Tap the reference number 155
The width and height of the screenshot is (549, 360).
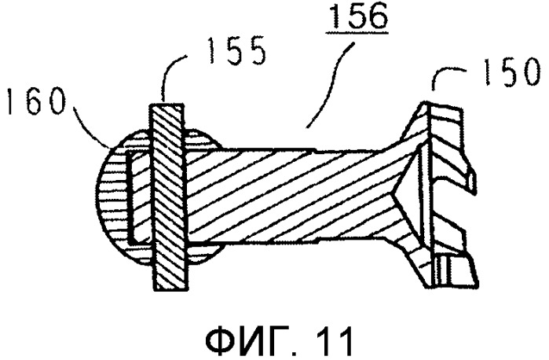click(236, 51)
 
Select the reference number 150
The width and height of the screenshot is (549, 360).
click(511, 72)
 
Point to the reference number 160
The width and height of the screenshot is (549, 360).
click(37, 101)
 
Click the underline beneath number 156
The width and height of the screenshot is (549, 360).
click(357, 33)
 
